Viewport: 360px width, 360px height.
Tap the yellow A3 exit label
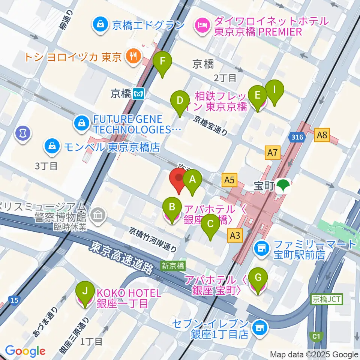[235, 235]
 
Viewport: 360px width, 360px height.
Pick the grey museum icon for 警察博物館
[99, 215]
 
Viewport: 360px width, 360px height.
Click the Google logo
[25, 351]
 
